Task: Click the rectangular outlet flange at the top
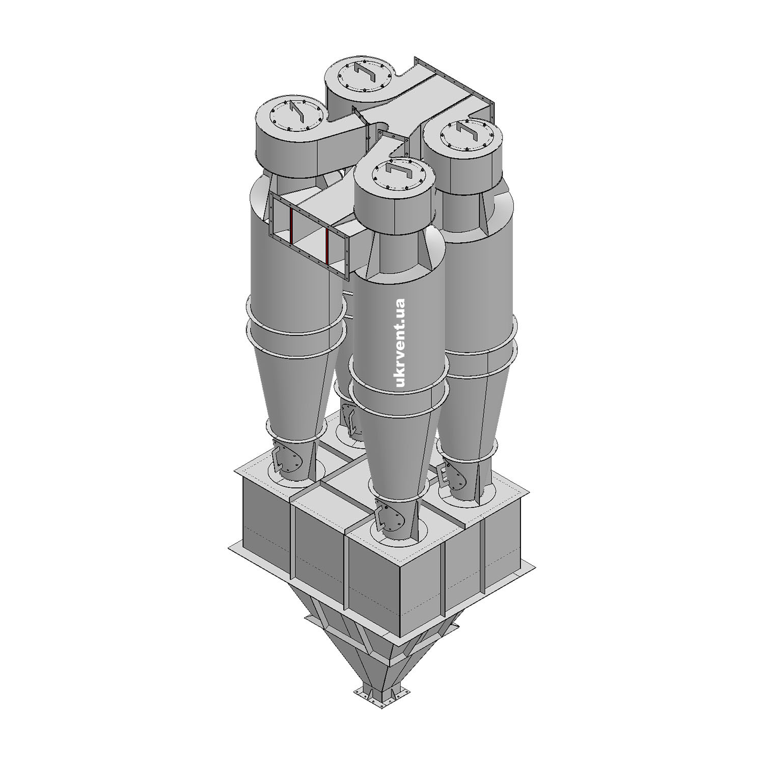[x=454, y=92]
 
